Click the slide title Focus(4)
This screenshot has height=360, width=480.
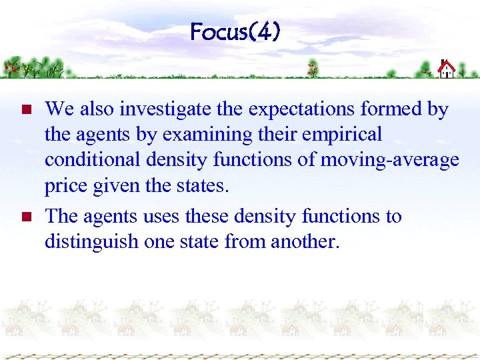click(x=235, y=31)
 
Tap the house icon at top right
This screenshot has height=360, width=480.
click(x=446, y=69)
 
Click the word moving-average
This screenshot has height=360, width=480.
click(x=390, y=161)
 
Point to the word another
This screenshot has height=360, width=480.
click(x=305, y=241)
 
